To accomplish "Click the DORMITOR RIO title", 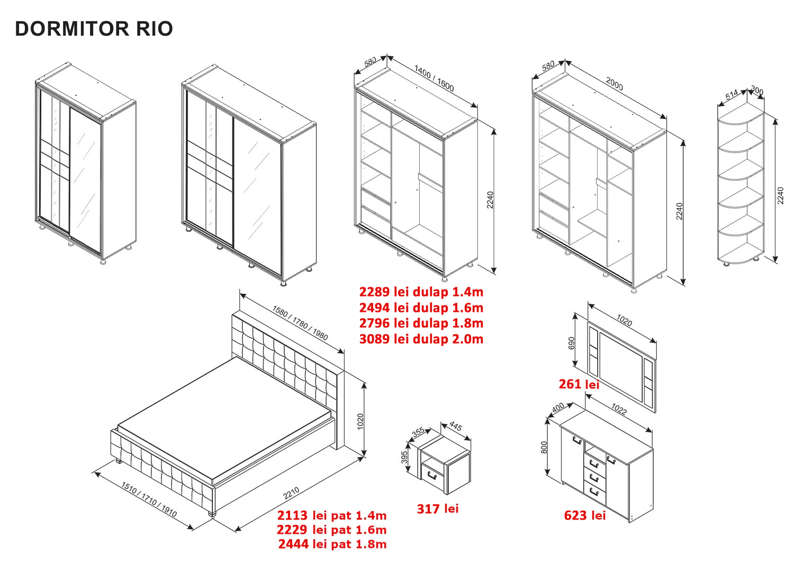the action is click(x=94, y=29).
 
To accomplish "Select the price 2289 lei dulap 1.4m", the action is click(x=421, y=292).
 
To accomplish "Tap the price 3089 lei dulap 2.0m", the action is click(x=421, y=339).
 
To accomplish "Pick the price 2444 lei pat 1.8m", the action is click(x=332, y=544).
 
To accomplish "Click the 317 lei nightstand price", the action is click(x=438, y=509).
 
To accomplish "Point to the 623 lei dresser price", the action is click(x=585, y=515).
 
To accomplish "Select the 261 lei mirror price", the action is click(x=579, y=384).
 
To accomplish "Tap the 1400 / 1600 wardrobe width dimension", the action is click(x=434, y=78).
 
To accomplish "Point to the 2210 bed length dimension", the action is click(x=291, y=493).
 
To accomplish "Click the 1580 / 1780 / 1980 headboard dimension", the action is click(x=300, y=323).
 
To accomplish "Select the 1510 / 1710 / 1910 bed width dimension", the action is click(x=149, y=499).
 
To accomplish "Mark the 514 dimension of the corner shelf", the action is click(x=731, y=95).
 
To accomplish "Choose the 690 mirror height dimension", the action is click(x=571, y=343).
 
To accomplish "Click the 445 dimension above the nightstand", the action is click(x=456, y=426).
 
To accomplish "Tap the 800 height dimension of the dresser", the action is click(x=544, y=448).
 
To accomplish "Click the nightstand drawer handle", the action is click(x=431, y=475).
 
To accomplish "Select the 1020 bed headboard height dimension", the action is click(x=360, y=422).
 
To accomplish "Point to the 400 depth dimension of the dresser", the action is click(x=558, y=408).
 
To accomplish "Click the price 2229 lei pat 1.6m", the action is click(x=332, y=530).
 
